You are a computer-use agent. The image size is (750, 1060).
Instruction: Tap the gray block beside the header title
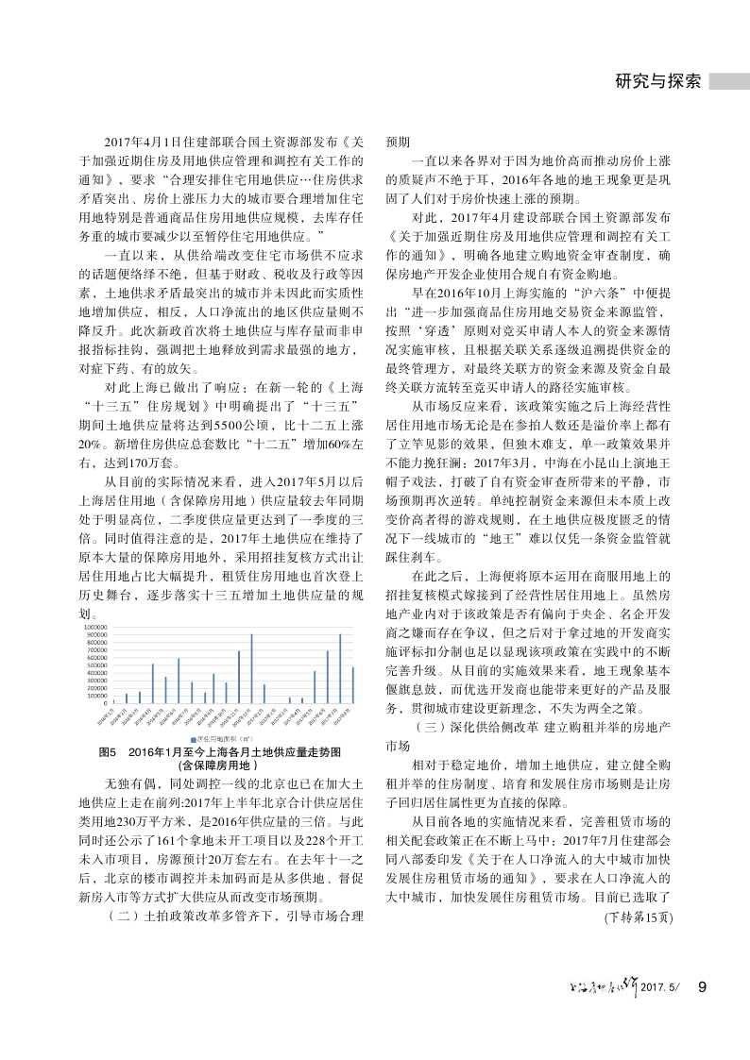730,82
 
